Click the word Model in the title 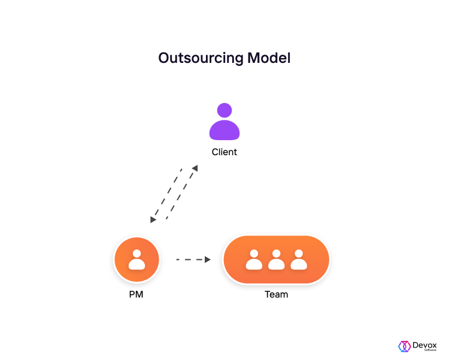(269, 58)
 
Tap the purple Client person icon (224, 122)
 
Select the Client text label (224, 152)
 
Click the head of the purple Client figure (224, 110)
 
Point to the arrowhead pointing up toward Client (195, 168)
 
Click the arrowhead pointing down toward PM (153, 220)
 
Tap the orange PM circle (136, 259)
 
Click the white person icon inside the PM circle (136, 259)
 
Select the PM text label (136, 294)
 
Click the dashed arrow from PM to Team (193, 260)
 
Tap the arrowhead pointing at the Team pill (208, 260)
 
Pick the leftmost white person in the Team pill (254, 259)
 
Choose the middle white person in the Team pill (277, 259)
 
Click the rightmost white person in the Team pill (299, 259)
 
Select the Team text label (277, 294)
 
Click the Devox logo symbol (404, 346)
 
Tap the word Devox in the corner (424, 345)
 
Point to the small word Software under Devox (430, 350)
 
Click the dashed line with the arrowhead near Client (181, 193)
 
